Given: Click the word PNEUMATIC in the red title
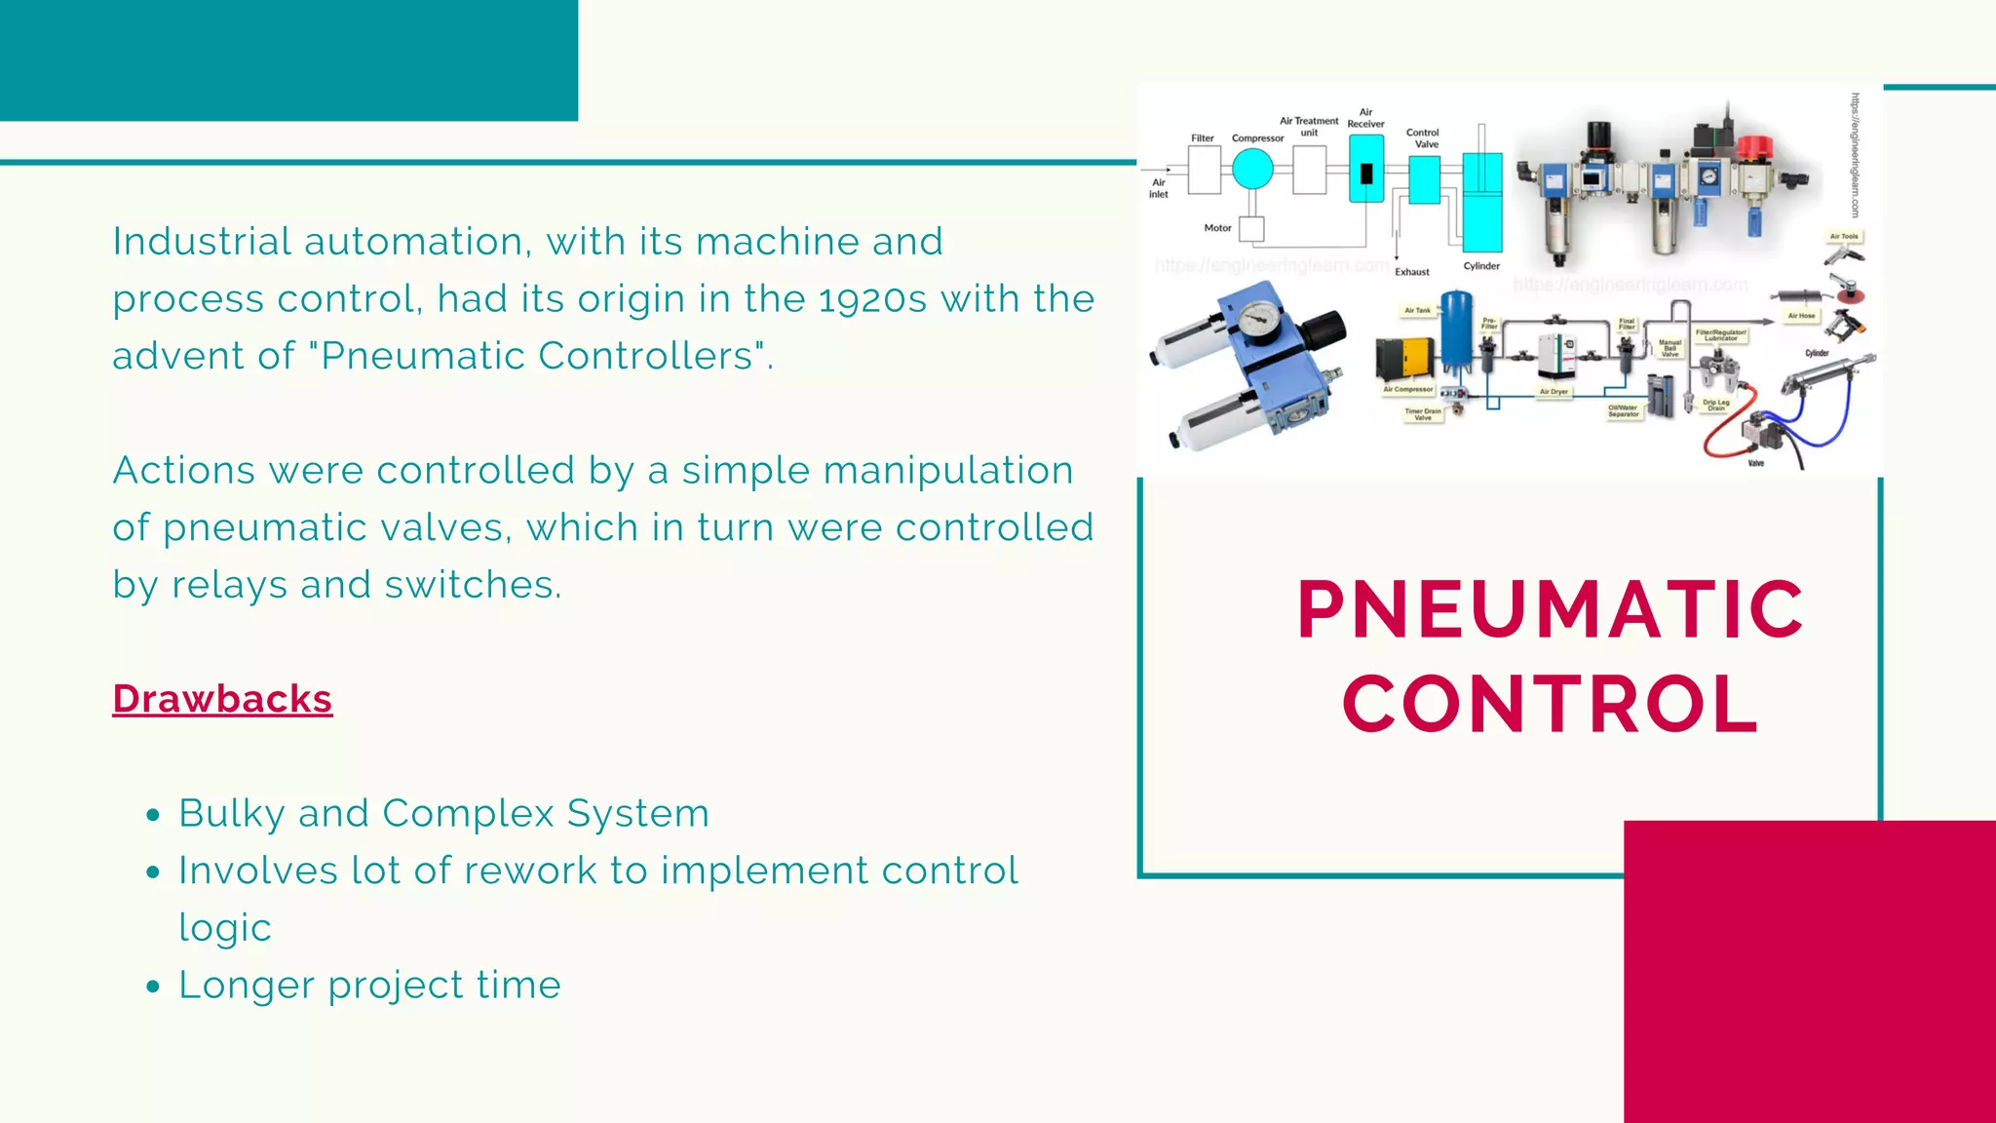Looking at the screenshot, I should [1550, 609].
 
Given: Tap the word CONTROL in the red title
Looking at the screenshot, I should [1550, 704].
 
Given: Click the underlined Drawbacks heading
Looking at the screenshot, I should [222, 699].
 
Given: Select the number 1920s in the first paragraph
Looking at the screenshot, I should [872, 299].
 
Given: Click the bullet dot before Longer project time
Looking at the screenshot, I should [152, 987].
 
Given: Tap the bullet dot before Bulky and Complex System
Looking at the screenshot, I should [152, 815].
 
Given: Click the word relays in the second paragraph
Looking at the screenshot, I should [229, 585].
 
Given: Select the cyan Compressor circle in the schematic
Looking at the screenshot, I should [1252, 169].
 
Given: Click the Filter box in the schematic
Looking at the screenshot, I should [1204, 170].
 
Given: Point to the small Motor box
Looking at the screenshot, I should [1251, 229].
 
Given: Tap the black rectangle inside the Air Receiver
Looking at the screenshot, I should [1365, 173].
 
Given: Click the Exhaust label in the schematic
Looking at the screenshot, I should [1411, 272].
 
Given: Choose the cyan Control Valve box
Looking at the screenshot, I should [1424, 179].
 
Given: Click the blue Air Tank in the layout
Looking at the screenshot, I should [1456, 331].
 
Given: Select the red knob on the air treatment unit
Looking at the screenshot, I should [1755, 149].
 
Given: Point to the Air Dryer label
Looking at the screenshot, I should [1554, 392].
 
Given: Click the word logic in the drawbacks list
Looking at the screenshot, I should [224, 928].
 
